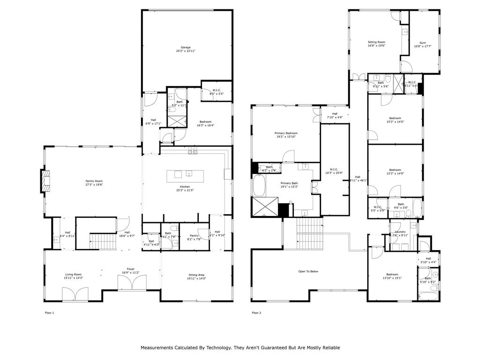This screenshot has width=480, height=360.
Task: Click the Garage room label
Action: click(x=186, y=47)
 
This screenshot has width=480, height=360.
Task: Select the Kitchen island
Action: click(x=186, y=175)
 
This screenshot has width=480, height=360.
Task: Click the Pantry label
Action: click(x=195, y=236)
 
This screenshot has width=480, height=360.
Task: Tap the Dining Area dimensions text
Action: click(x=196, y=278)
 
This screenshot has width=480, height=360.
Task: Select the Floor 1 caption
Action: click(x=49, y=313)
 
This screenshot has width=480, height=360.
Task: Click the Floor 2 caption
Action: click(x=256, y=313)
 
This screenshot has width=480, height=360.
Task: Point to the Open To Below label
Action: click(x=308, y=271)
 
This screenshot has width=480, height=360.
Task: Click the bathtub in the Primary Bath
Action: click(x=259, y=186)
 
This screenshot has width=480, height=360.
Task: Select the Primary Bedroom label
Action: click(x=286, y=133)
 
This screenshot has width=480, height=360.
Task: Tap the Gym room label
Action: click(x=423, y=42)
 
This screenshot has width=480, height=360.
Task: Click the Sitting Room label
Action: click(x=376, y=42)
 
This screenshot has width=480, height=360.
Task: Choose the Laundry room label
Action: click(x=400, y=232)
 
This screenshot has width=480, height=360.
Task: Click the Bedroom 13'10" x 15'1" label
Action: click(x=392, y=274)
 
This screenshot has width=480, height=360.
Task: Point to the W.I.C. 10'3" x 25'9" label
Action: click(x=334, y=169)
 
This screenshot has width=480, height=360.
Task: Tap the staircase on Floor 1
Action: click(x=103, y=242)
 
